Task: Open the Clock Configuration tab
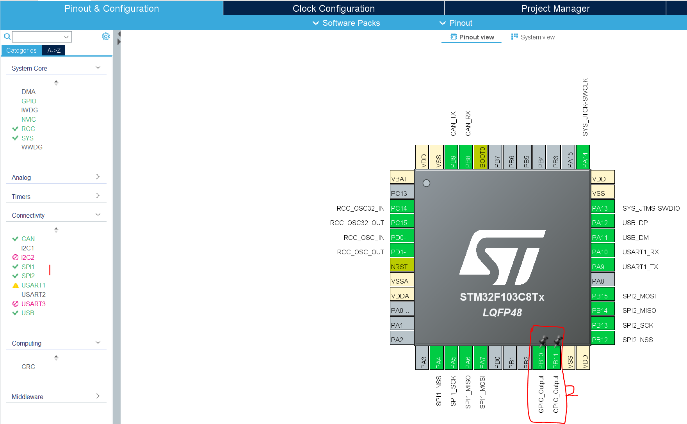(333, 8)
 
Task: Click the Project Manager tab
(555, 8)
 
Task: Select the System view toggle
(533, 37)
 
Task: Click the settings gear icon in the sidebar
(106, 36)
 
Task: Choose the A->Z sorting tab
(54, 50)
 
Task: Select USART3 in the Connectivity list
(33, 304)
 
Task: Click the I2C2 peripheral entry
(27, 257)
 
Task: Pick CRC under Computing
(28, 367)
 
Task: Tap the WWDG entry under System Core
(32, 147)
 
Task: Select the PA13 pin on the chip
(603, 208)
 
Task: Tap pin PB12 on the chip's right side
(603, 339)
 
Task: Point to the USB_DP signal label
(635, 223)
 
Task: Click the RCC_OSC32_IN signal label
(360, 208)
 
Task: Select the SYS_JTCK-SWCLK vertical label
(585, 107)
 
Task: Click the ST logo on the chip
(502, 257)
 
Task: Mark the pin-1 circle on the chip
(426, 183)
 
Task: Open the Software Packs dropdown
(346, 23)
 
